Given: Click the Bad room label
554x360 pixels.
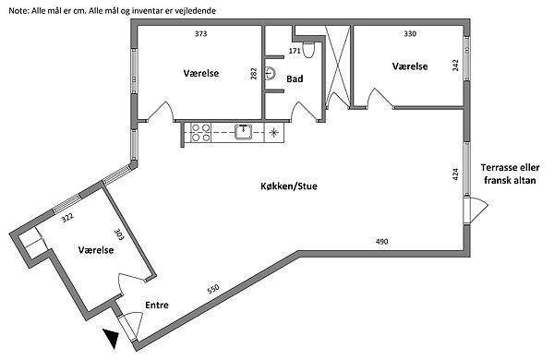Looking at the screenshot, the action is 295,78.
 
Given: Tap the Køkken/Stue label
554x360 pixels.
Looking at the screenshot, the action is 289,186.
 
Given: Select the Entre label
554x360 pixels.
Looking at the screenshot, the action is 157,305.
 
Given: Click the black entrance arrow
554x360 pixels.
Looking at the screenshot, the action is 111,338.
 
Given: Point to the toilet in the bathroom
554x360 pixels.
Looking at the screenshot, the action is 307,50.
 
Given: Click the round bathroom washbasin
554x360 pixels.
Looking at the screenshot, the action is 270,73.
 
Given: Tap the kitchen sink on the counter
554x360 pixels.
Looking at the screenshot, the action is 244,132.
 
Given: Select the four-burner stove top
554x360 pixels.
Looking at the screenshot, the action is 200,133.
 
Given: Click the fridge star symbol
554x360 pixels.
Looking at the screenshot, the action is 274,133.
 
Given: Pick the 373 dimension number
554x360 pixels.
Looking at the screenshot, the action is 200,34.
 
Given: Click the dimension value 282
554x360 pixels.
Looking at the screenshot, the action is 253,74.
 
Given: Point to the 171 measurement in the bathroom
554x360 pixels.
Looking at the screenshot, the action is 295,51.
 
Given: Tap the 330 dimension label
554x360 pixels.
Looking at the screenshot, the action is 410,34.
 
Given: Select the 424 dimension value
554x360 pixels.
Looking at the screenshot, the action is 455,174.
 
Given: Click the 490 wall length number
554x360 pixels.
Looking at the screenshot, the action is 381,242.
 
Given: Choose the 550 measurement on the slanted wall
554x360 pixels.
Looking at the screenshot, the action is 213,289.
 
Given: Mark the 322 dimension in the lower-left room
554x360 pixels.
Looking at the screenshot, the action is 67,218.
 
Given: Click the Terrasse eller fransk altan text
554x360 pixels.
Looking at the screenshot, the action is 510,174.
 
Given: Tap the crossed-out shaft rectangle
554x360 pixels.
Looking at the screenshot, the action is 338,66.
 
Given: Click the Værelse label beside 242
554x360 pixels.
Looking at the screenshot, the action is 410,66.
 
